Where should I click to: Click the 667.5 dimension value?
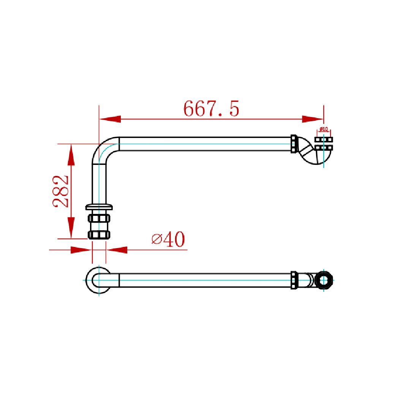pos(211,109)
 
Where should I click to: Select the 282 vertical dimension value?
pos(61,191)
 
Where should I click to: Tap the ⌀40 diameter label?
pos(168,239)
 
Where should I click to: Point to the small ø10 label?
pos(323,129)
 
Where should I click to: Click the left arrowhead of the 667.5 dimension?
pos(110,119)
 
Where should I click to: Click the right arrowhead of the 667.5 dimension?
pos(312,119)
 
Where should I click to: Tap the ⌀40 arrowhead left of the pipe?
pos(81,250)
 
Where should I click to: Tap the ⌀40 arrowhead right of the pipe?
pos(116,250)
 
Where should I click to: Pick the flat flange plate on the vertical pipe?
pos(99,207)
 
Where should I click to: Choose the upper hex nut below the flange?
pos(99,218)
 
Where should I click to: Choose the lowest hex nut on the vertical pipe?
pos(99,235)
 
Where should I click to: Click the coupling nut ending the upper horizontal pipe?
pos(294,144)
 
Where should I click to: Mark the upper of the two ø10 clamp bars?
pos(324,139)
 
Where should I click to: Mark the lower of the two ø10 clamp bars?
pos(324,147)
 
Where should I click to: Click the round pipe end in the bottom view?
pos(98,280)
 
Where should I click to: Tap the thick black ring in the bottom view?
pos(324,280)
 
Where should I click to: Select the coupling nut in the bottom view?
pos(294,280)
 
